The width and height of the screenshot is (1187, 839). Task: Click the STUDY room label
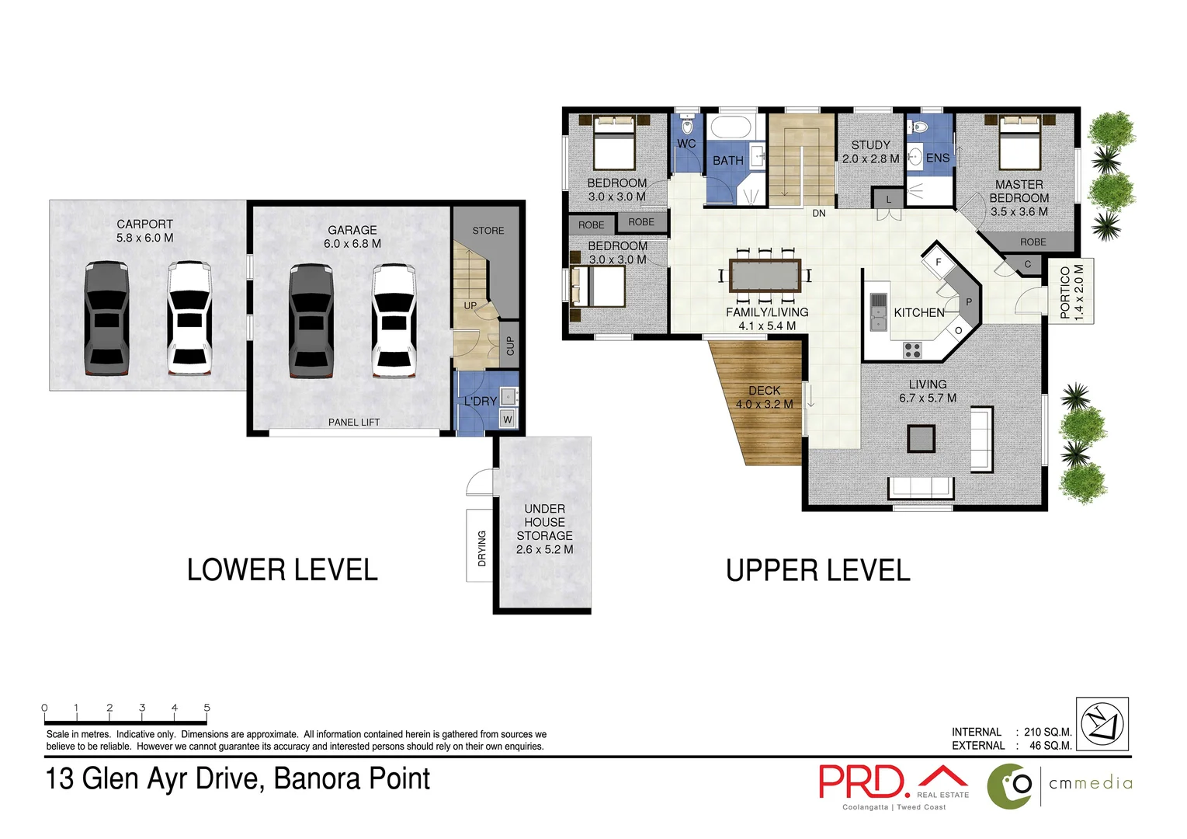(x=870, y=145)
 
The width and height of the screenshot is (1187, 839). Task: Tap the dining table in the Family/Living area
(x=765, y=276)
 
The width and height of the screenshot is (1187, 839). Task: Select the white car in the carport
(x=189, y=318)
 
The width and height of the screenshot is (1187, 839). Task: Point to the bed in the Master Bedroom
(x=1019, y=142)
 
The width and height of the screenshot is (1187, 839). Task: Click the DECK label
(x=764, y=391)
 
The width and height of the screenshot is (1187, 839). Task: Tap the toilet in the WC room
(x=686, y=125)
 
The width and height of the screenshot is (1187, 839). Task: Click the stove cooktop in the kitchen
(x=912, y=350)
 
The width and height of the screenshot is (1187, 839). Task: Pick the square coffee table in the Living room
(x=921, y=439)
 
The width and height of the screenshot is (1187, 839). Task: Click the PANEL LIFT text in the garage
(x=354, y=423)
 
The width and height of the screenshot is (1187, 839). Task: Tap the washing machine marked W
(x=508, y=419)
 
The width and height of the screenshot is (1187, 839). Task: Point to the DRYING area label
(x=481, y=548)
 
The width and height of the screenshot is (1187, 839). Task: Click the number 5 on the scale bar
(x=207, y=708)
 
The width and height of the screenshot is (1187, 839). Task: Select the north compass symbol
(x=1102, y=724)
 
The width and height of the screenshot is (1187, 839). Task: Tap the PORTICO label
(x=1065, y=292)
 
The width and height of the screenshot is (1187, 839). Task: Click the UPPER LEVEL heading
(x=817, y=571)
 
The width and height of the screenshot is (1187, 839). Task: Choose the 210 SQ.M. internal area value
(x=1047, y=732)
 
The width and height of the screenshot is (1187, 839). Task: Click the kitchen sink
(x=878, y=312)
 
